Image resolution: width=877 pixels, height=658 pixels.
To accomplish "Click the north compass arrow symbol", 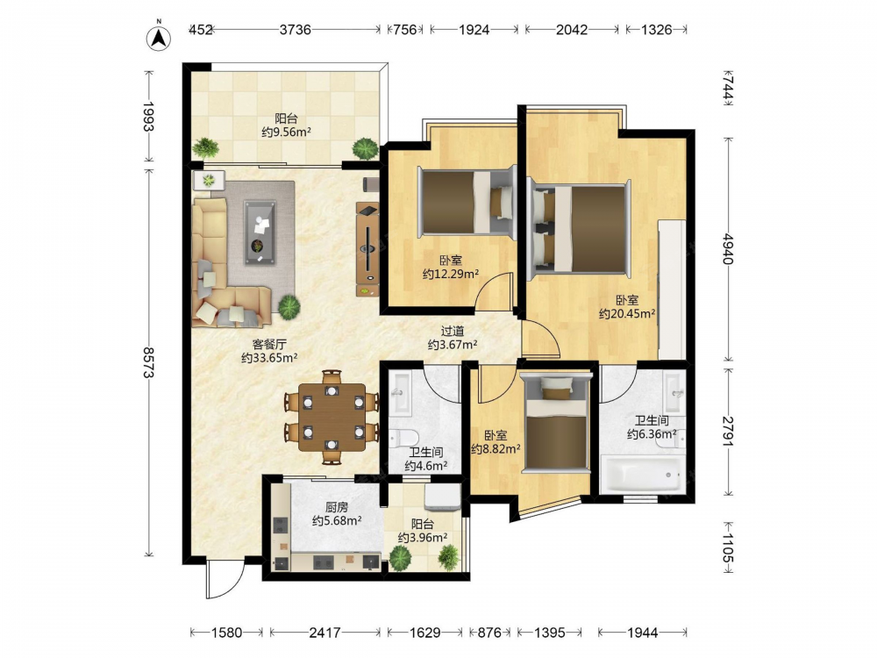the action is (x=159, y=38).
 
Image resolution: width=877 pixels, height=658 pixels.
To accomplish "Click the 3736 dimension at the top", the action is (x=296, y=29).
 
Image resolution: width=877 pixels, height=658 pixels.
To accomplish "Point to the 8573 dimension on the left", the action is (x=148, y=362).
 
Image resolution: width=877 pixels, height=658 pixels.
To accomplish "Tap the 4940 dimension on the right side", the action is (x=727, y=249).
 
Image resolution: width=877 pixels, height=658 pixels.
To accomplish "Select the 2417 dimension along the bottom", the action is (x=325, y=633).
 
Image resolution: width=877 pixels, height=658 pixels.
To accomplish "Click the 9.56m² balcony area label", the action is (x=287, y=132).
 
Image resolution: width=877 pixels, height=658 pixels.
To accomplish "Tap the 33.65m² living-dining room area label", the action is (x=269, y=358).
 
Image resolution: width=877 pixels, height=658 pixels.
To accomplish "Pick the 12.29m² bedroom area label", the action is (x=450, y=274).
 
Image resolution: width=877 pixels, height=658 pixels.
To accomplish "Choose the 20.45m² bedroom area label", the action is (x=627, y=314).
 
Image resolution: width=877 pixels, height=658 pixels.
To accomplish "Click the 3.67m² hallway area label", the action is (x=453, y=345).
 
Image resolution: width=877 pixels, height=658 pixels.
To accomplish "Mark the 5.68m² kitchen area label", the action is (x=337, y=521).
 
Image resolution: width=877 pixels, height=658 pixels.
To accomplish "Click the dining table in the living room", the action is (x=332, y=417).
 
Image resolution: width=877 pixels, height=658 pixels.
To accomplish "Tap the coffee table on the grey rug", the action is (x=260, y=232).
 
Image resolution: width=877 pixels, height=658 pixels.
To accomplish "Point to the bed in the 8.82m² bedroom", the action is (x=556, y=424).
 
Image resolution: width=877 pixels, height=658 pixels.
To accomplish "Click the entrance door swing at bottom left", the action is (x=225, y=579).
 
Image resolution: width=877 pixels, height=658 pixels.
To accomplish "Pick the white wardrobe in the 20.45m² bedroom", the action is (x=672, y=290).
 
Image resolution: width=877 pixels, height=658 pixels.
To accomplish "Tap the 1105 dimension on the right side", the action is (x=727, y=547).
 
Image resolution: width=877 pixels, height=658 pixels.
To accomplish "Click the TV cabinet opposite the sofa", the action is (x=368, y=249).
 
